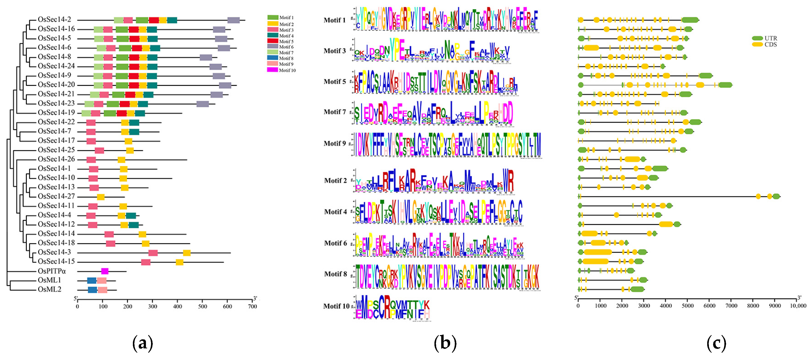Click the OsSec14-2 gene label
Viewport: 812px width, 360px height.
[54, 20]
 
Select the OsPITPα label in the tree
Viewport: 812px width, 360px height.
[52, 271]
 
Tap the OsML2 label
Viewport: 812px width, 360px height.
[49, 289]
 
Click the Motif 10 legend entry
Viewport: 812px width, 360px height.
[281, 70]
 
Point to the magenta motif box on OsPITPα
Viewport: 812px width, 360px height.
[105, 271]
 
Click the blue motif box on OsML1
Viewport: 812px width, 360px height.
[92, 281]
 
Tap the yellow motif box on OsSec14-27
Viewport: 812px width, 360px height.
[100, 197]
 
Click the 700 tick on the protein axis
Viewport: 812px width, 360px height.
[252, 306]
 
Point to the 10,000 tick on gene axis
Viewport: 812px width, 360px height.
[798, 306]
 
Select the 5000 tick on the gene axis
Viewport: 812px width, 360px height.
[688, 306]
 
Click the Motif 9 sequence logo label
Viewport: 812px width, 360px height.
[334, 143]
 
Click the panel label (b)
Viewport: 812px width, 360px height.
[445, 343]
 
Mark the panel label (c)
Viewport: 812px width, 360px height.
[716, 343]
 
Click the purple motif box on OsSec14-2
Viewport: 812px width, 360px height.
[234, 20]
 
